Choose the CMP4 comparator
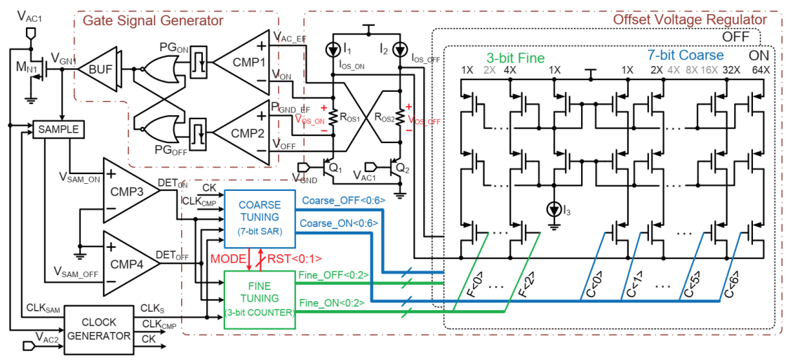point(129,263)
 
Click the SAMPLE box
point(60,130)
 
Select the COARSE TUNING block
point(259,218)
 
